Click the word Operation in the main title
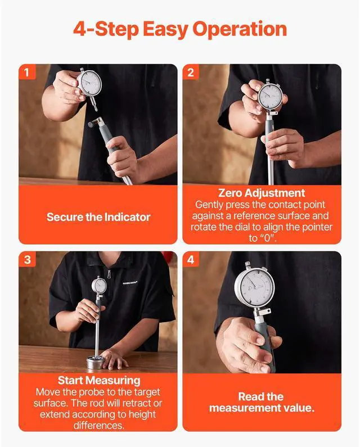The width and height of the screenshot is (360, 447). coord(240,30)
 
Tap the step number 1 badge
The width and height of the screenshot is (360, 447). coord(27,72)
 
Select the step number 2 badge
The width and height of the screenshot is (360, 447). coord(191,72)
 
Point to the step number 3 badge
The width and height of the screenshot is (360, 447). coord(27,259)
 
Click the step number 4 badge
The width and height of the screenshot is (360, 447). coord(191,259)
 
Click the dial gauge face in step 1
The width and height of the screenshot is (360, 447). coord(89,83)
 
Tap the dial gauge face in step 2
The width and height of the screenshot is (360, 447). coord(270,96)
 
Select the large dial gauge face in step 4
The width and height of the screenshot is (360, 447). coord(254,286)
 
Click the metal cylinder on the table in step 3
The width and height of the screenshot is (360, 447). coord(96,362)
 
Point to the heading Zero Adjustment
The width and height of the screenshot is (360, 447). coord(262,193)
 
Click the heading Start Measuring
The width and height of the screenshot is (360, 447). coord(99,380)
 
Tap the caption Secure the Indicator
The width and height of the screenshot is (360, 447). coord(98,217)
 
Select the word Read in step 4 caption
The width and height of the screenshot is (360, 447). coord(251,396)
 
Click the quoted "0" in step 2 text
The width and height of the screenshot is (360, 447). coord(267,238)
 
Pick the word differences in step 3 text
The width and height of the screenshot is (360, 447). coord(98,425)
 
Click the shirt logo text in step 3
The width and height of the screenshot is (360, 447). coord(130,283)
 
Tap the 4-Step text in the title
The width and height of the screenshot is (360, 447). coord(106,30)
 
